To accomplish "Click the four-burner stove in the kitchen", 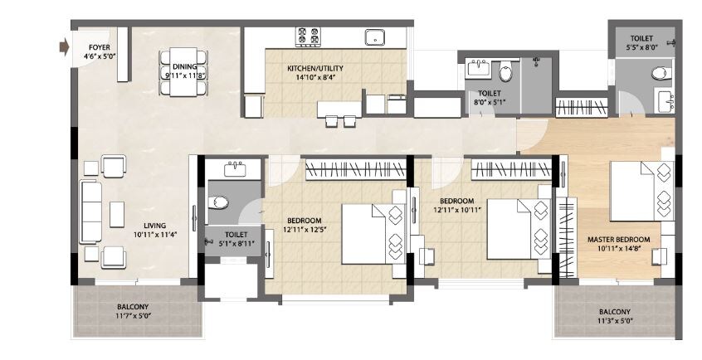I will click(x=309, y=36).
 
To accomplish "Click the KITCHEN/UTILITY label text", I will click(x=314, y=68).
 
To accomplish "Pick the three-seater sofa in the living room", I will click(x=90, y=212).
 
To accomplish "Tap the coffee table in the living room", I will click(x=117, y=214).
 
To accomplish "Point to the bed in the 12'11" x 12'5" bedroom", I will click(x=365, y=234).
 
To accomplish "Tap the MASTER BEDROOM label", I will click(x=617, y=240).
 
